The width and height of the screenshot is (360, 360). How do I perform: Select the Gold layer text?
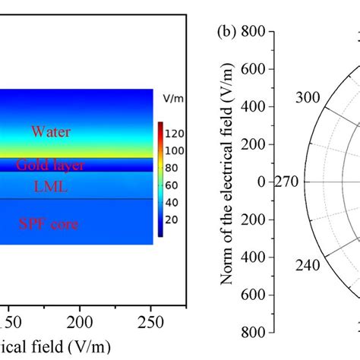coord(62,165)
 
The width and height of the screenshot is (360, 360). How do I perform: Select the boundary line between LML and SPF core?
coord(76,200)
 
